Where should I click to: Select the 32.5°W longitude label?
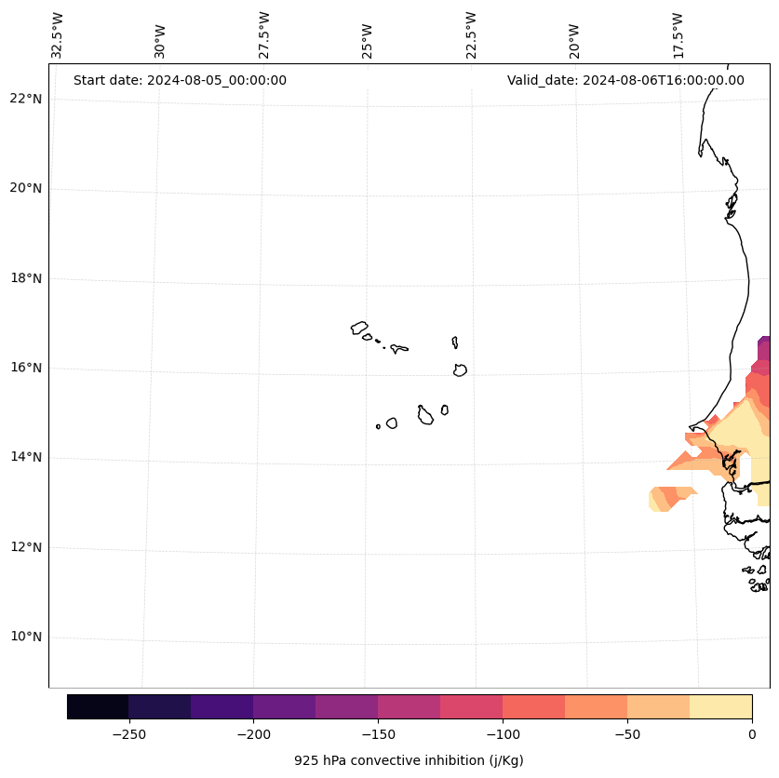coord(58,35)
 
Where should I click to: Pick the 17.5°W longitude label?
coord(678,35)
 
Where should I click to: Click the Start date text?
coord(180,80)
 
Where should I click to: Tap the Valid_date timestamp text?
coord(625,80)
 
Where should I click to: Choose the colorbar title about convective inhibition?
coord(409,760)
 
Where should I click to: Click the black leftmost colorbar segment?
coord(98,706)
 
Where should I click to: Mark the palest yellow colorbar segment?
coord(720,706)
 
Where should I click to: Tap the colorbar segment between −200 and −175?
coord(284,706)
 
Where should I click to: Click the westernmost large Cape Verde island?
coord(359,327)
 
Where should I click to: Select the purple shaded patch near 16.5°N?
coord(764,348)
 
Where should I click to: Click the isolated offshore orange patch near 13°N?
coord(669,497)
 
